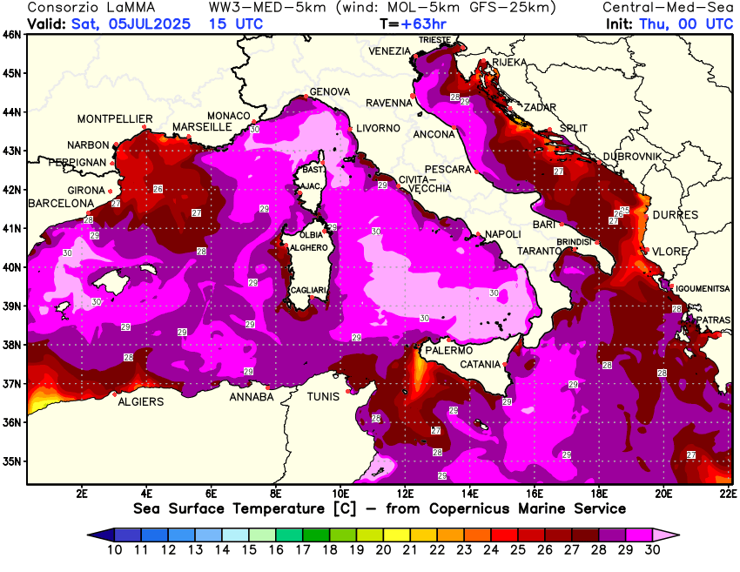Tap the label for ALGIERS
140,401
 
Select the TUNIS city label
325,397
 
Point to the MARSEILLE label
202,127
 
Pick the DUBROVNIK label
632,156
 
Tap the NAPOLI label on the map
502,234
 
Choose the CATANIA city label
480,364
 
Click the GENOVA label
330,91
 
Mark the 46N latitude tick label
12,35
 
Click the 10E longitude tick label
341,493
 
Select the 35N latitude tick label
12,461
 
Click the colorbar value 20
383,550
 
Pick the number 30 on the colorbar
652,550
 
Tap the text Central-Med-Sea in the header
668,7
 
